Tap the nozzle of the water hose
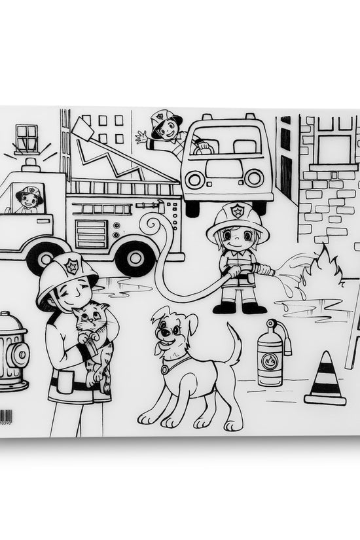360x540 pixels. [x=263, y=269]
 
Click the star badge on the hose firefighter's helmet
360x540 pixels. [x=238, y=211]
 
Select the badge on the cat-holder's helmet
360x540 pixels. [x=71, y=266]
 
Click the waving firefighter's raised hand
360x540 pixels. [x=141, y=137]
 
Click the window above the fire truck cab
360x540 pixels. [x=27, y=138]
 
